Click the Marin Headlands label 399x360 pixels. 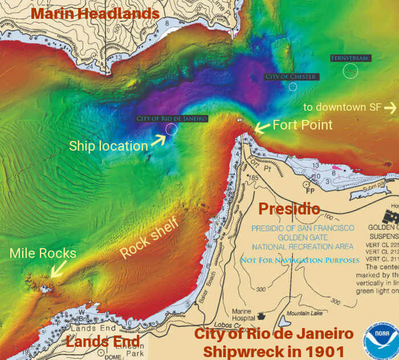pos(95,13)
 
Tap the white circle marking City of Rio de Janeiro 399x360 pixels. pos(172,130)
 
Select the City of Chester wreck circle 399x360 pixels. pos(293,87)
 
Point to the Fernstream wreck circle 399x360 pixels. pos(351,70)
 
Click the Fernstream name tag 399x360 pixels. pos(351,58)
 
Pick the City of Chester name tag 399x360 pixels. pos(292,76)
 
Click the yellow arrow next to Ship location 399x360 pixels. pos(158,140)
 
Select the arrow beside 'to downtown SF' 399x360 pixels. pos(390,107)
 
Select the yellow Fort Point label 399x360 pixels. pos(302,124)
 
